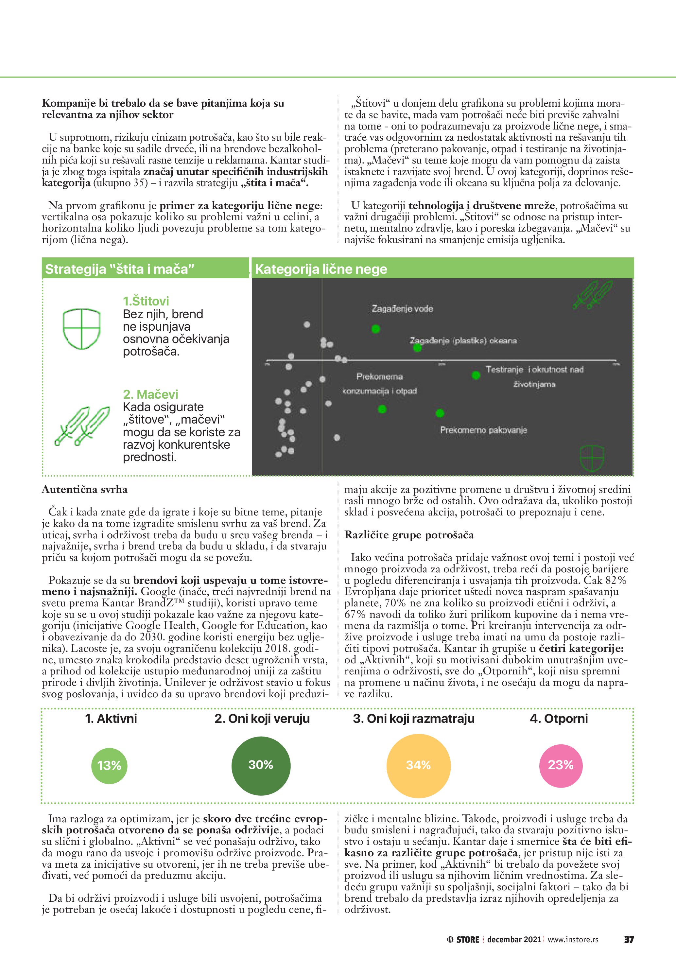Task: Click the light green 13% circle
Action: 109,765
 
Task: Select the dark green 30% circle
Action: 261,765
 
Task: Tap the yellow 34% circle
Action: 418,765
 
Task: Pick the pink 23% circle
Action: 561,765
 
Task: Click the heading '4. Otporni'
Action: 559,719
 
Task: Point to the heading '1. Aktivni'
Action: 111,719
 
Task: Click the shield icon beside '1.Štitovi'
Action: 81,329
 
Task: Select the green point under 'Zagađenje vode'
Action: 376,329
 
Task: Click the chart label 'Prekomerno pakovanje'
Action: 484,430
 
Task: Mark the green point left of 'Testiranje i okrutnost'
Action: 476,375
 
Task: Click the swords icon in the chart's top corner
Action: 593,294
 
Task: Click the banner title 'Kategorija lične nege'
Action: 321,269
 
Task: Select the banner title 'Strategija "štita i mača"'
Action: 120,269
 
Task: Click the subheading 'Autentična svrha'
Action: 84,490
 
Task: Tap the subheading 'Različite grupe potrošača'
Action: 409,535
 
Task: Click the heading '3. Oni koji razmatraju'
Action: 414,719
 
